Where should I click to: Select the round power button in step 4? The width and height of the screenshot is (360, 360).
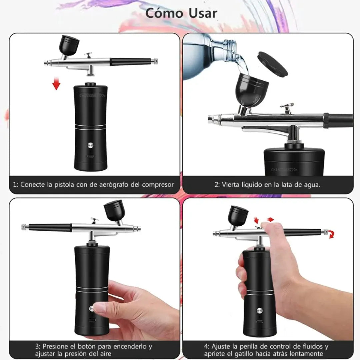[x=259, y=311]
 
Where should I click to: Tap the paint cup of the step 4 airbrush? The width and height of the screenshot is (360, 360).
[x=238, y=216]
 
